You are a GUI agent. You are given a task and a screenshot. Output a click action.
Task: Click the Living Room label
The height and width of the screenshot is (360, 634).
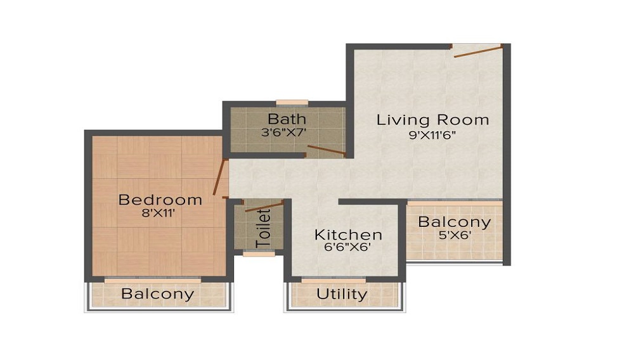pyautogui.click(x=432, y=120)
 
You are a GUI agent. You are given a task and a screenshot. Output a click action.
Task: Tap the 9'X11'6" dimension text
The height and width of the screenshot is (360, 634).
pyautogui.click(x=432, y=135)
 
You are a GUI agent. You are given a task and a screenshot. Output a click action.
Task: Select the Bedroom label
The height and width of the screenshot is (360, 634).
pyautogui.click(x=160, y=200)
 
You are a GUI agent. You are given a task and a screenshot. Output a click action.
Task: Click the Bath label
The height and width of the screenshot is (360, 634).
pyautogui.click(x=287, y=119)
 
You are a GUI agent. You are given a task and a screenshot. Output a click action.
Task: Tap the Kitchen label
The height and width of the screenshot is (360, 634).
pyautogui.click(x=348, y=235)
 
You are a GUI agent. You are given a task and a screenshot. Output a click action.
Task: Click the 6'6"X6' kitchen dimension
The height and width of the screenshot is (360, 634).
pyautogui.click(x=347, y=248)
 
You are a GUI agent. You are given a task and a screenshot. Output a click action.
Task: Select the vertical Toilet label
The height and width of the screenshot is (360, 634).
pyautogui.click(x=263, y=228)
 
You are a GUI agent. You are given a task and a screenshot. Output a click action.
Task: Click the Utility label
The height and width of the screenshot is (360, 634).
pyautogui.click(x=342, y=294)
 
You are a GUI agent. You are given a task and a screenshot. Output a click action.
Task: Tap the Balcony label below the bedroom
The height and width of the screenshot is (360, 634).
pyautogui.click(x=157, y=294)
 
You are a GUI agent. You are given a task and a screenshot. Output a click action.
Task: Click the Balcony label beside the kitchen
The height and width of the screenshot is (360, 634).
pyautogui.click(x=454, y=222)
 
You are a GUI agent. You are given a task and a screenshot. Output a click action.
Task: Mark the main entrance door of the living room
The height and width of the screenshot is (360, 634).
pyautogui.click(x=478, y=51)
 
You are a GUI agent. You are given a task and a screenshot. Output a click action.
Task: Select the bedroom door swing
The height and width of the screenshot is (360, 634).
pyautogui.click(x=221, y=177)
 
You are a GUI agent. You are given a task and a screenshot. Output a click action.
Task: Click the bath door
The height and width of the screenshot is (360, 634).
pyautogui.click(x=325, y=150)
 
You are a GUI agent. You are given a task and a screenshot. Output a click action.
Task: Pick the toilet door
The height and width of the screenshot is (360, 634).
pyautogui.click(x=264, y=206)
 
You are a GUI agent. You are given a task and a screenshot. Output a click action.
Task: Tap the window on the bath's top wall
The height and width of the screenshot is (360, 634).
pyautogui.click(x=292, y=103)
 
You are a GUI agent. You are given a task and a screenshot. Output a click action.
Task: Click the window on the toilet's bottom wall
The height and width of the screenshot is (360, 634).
pyautogui.click(x=259, y=254)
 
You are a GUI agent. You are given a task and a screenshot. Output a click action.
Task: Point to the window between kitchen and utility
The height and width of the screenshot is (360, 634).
pyautogui.click(x=333, y=279)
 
